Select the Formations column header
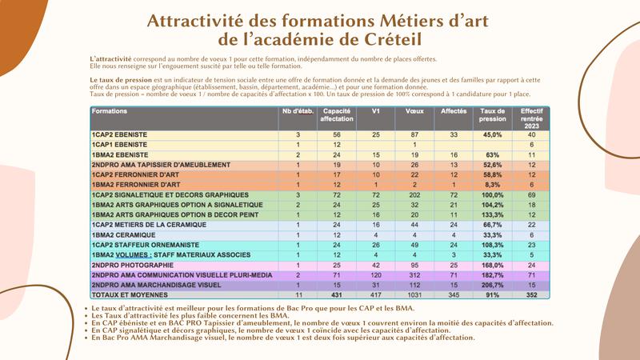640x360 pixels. click(x=110, y=111)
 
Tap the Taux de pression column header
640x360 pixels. click(x=493, y=115)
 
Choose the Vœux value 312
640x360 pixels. click(x=414, y=274)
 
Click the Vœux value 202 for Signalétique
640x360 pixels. click(x=414, y=195)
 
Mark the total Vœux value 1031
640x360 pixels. click(x=414, y=294)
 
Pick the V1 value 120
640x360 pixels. click(x=375, y=274)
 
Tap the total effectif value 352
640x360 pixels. click(x=531, y=294)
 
